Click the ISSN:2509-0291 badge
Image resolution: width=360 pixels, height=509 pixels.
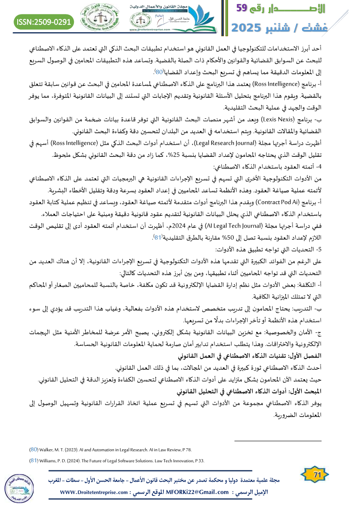point(44,21)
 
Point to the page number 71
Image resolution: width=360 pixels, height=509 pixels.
point(311,474)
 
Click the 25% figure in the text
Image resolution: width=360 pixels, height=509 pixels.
point(210,155)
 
